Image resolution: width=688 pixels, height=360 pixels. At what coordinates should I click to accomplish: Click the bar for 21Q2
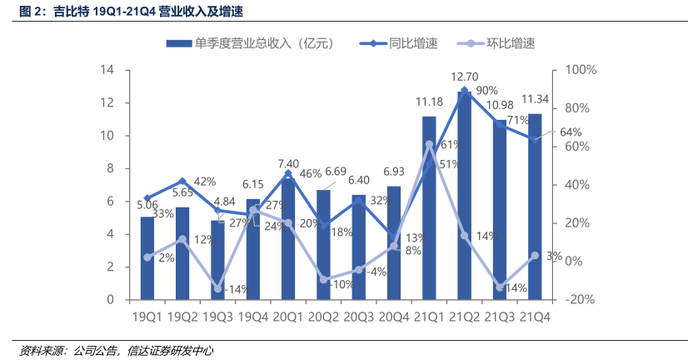tap(464, 196)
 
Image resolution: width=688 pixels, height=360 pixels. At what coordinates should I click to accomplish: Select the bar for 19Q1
tap(147, 257)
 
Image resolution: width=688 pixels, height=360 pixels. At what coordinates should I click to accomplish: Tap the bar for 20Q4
tap(393, 242)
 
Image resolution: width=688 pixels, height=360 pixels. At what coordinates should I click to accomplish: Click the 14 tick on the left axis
tap(107, 70)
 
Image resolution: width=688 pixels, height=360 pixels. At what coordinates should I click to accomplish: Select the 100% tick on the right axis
tap(581, 70)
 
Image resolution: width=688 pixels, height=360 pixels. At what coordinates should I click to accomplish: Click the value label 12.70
tap(464, 76)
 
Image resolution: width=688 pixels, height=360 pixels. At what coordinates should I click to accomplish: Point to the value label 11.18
tap(429, 102)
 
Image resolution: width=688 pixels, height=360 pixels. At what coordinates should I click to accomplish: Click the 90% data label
tap(487, 91)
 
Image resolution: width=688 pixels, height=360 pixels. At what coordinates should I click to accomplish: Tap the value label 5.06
tap(147, 204)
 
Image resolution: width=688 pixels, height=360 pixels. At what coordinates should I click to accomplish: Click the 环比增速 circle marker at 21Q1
tap(429, 144)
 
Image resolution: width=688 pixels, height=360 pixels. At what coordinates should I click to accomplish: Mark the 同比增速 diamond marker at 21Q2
tap(464, 90)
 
